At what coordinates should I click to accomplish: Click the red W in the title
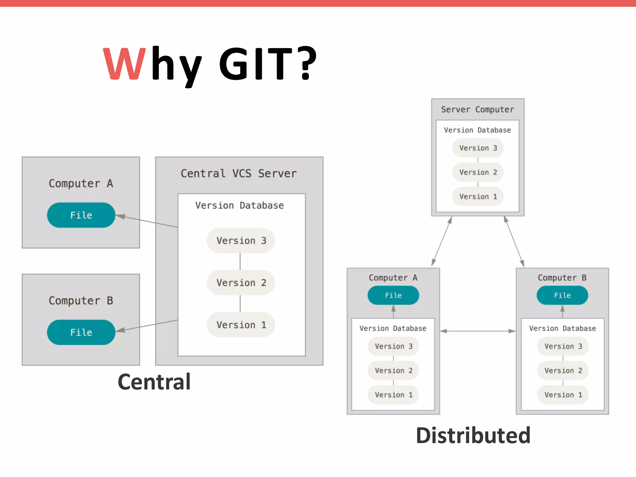click(x=124, y=64)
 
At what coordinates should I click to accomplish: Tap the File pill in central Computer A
click(x=81, y=215)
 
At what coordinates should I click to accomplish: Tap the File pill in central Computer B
click(x=81, y=332)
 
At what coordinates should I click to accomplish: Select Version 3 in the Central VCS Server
click(x=241, y=241)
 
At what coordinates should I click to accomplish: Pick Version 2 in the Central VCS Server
click(x=241, y=283)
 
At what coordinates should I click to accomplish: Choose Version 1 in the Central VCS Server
click(x=241, y=325)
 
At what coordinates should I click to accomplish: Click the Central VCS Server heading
click(x=238, y=173)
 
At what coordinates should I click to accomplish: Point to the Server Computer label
click(x=478, y=109)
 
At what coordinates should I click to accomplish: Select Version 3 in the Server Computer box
click(x=478, y=148)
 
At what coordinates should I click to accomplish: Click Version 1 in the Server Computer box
click(x=478, y=197)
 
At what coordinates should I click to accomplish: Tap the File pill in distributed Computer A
click(x=393, y=295)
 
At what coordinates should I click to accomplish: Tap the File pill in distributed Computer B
click(x=562, y=295)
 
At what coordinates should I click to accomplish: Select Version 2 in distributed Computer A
click(x=393, y=370)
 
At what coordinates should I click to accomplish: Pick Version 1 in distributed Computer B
click(x=563, y=395)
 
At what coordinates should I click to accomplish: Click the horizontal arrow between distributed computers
click(x=478, y=331)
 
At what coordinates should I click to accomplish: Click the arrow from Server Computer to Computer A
click(x=442, y=241)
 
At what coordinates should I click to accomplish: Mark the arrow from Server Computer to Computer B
click(x=514, y=241)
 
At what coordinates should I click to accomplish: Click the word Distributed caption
click(x=473, y=435)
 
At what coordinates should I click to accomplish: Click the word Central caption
click(x=154, y=382)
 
